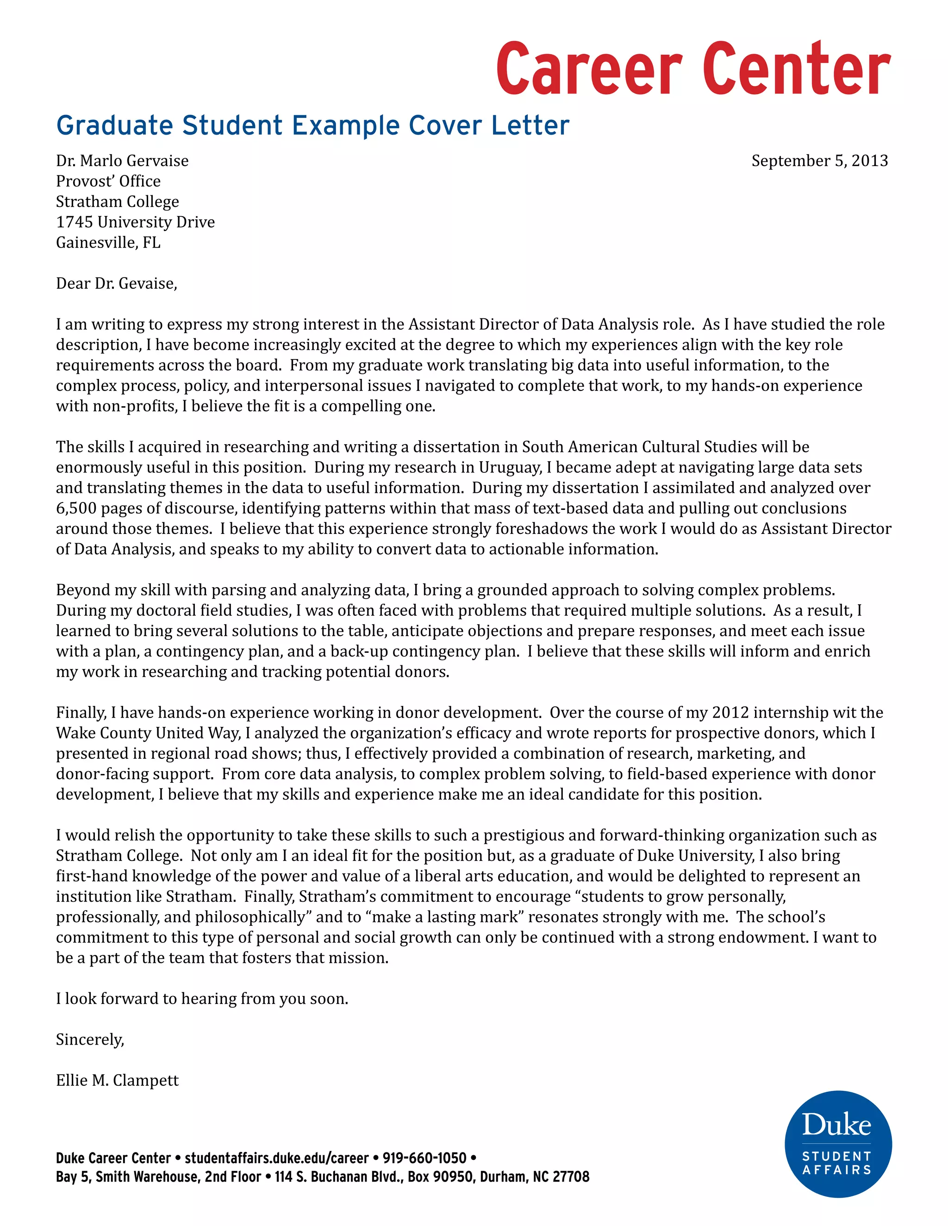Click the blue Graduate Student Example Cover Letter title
(x=312, y=125)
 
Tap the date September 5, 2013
(x=819, y=161)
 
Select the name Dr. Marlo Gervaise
(x=122, y=161)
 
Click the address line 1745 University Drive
(x=135, y=222)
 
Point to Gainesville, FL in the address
(x=108, y=242)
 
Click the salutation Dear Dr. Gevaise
(x=116, y=284)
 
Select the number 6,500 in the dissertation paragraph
(x=76, y=508)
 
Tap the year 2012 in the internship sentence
(x=730, y=713)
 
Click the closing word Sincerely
(x=89, y=1040)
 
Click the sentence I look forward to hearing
(x=202, y=999)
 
